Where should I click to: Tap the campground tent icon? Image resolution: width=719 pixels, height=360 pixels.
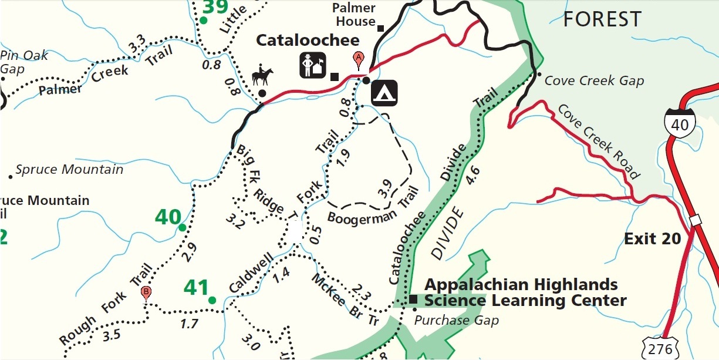pos(384,92)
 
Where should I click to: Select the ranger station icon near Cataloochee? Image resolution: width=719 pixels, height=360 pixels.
pos(313,65)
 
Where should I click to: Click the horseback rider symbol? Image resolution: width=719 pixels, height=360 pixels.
pos(262,76)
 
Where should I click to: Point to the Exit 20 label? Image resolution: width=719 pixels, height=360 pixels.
pos(652,239)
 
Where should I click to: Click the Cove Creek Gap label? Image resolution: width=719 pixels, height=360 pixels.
pos(594,80)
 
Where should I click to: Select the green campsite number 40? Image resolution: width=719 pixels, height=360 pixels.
pos(168,217)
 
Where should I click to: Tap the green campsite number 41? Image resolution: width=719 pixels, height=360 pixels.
pos(196,288)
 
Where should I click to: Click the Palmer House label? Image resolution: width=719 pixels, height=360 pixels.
pos(353,15)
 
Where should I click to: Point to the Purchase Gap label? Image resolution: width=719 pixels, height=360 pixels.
pos(456,320)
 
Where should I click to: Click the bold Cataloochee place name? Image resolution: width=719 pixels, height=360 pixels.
pos(307,41)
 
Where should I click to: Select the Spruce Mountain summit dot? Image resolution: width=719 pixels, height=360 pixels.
pos(10,176)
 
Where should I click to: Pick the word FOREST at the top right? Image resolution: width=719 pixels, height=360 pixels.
pos(602,19)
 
